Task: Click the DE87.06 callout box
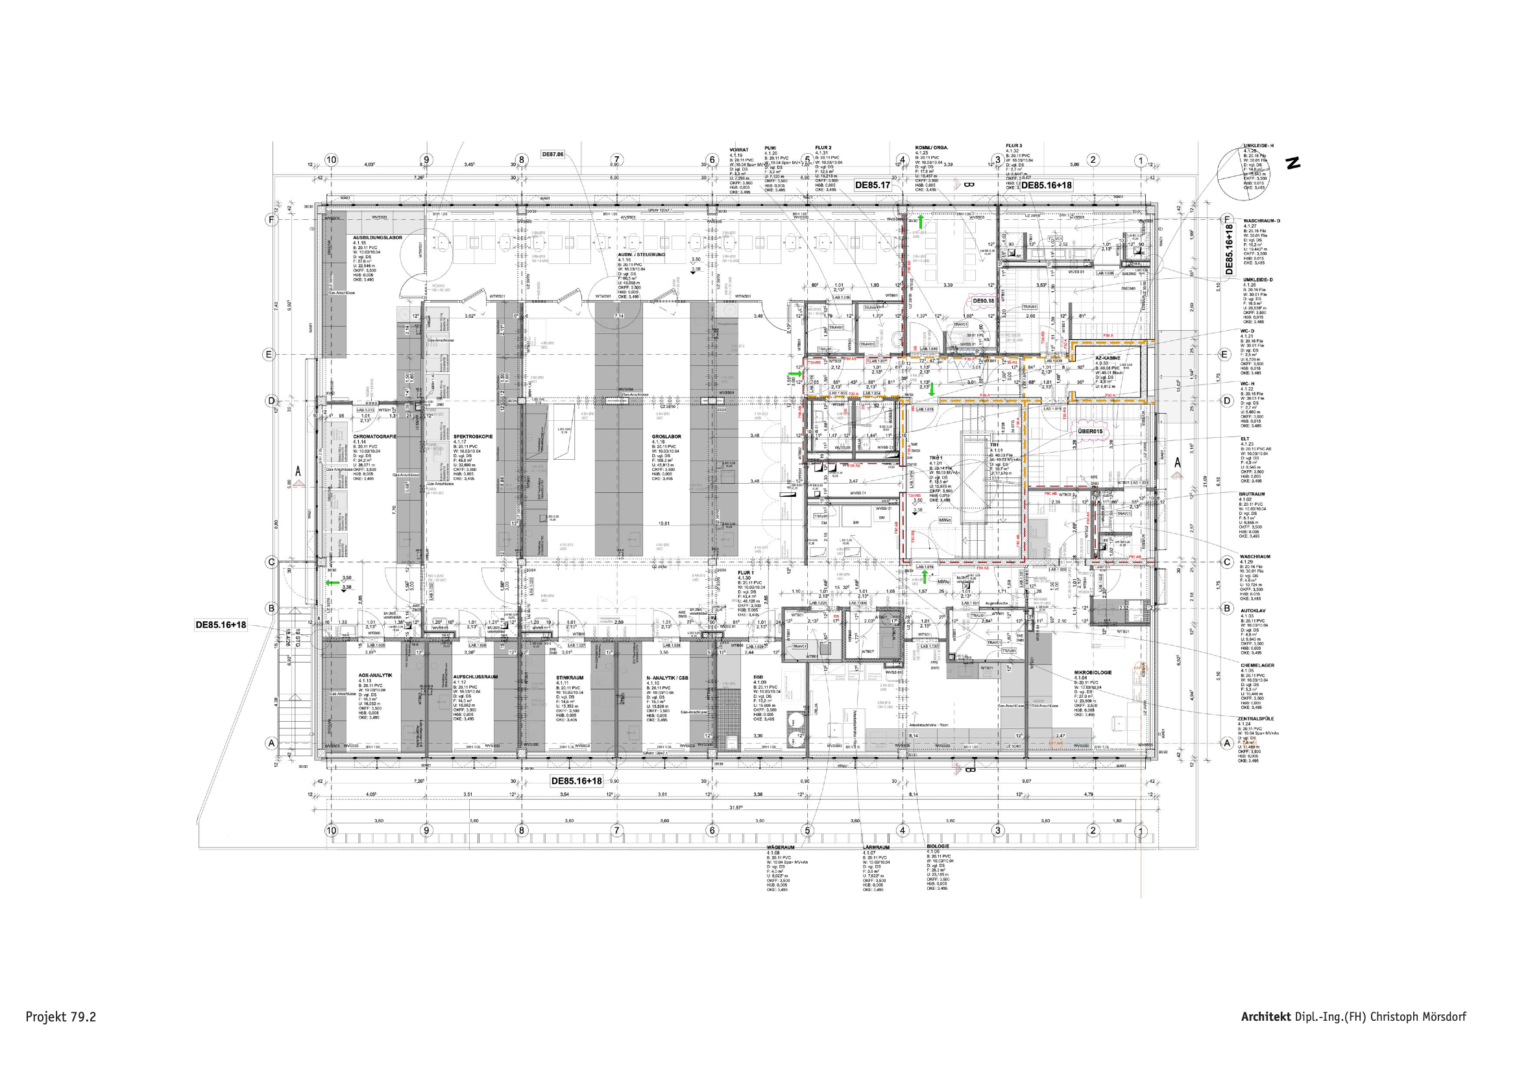click(x=552, y=154)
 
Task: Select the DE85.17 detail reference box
click(x=872, y=185)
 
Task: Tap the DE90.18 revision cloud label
click(x=982, y=300)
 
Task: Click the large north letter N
click(x=1293, y=163)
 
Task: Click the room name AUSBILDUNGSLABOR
click(x=377, y=237)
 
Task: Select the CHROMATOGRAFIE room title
click(x=374, y=436)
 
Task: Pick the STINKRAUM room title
click(x=569, y=677)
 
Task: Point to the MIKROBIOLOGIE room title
click(x=1092, y=672)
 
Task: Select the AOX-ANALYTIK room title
click(x=375, y=675)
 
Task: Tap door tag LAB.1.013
click(x=365, y=410)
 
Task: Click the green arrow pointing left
click(x=331, y=582)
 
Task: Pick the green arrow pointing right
click(x=802, y=374)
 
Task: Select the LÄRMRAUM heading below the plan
click(x=875, y=847)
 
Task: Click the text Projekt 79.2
click(x=61, y=1016)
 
